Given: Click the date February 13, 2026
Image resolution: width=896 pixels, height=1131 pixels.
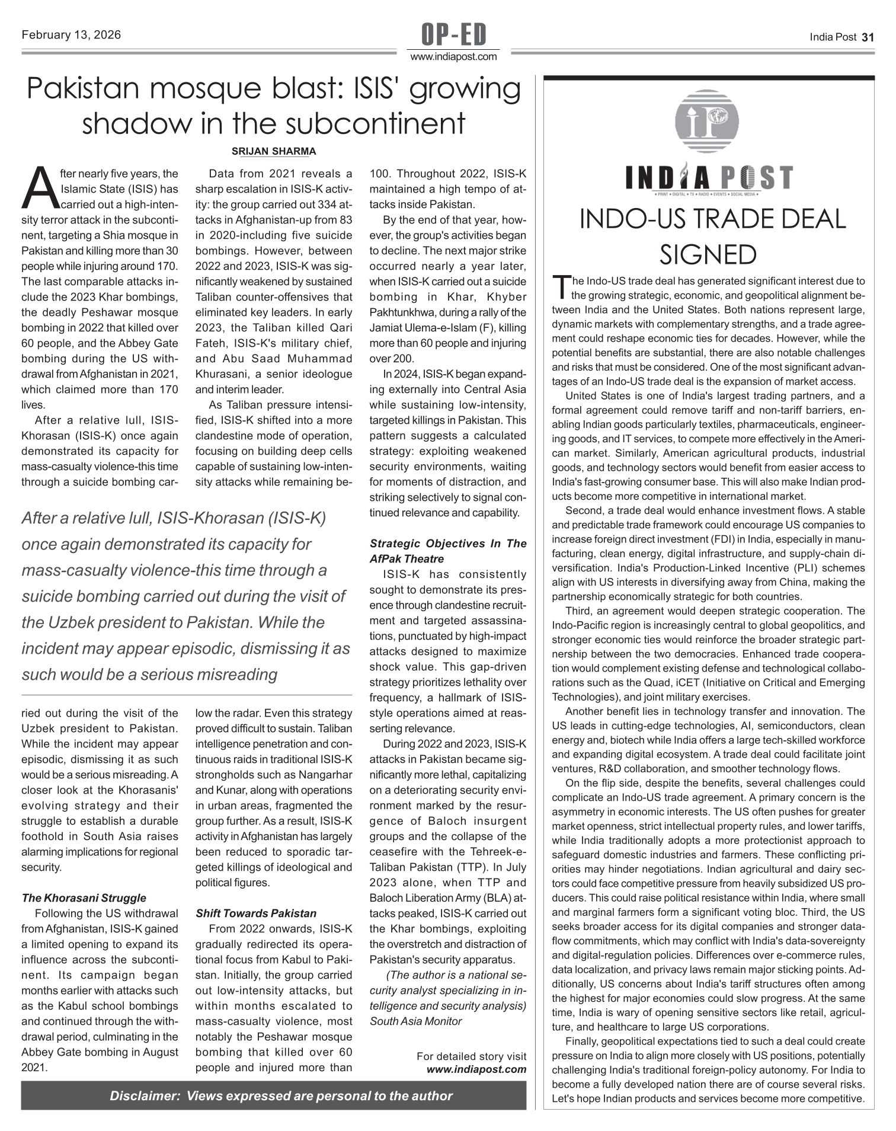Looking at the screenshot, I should [x=71, y=35].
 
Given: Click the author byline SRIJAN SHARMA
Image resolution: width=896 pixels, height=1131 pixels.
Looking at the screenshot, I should [x=274, y=152].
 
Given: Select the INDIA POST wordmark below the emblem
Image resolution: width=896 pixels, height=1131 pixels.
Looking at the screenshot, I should [x=709, y=178].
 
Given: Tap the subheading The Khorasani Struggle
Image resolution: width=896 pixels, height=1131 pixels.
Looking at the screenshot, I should [x=84, y=898].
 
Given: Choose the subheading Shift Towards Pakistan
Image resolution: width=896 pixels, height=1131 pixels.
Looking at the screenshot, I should [x=256, y=913].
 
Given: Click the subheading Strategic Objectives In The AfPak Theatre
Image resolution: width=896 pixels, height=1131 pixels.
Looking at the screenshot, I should [x=448, y=551].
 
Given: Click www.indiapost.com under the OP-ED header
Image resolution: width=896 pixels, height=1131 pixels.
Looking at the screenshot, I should [x=453, y=57].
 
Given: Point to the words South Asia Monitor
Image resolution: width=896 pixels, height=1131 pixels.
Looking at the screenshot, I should [x=415, y=1021].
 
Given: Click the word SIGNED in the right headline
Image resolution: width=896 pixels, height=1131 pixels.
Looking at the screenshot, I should [x=708, y=255].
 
